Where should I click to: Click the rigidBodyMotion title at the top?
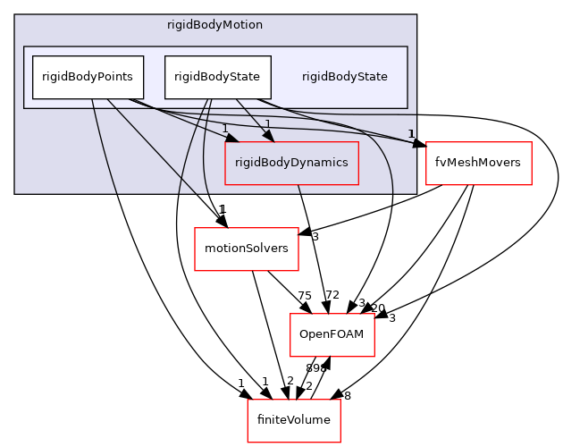214,25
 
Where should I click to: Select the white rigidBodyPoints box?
88,77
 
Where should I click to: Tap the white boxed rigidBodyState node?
217,77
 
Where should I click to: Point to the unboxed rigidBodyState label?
344,77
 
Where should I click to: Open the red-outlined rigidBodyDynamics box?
291,163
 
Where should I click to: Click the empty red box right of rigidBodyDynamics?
478,164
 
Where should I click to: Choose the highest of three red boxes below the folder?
247,249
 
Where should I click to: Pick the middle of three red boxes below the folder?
332,335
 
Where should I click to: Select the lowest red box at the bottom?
293,421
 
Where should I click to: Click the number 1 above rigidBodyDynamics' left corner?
225,129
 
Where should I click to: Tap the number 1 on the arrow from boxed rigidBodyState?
267,124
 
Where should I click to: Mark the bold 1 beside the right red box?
411,134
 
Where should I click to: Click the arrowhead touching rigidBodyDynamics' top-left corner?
231,137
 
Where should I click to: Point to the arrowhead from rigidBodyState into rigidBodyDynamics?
267,135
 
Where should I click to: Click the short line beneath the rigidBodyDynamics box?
299,189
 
